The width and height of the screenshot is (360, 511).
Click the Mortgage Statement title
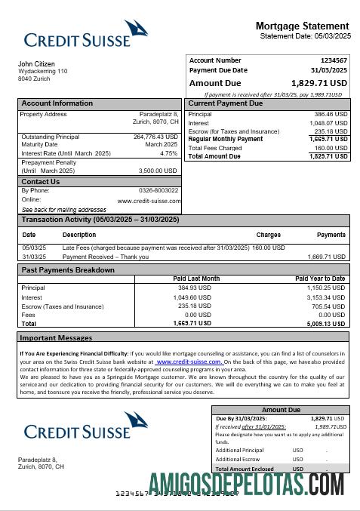(x=302, y=26)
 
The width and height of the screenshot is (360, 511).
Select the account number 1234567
(x=334, y=60)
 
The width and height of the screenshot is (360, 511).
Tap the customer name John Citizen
(x=36, y=63)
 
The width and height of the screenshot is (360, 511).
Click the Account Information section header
(x=57, y=103)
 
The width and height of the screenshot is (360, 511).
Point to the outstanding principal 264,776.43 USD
(x=155, y=137)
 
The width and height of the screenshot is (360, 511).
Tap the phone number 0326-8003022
(x=158, y=190)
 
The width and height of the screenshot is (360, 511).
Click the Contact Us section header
(x=41, y=182)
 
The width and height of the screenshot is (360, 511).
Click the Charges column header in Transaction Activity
(x=269, y=235)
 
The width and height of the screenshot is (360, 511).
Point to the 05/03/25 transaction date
(x=34, y=248)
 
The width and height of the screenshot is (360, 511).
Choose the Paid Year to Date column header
(x=320, y=279)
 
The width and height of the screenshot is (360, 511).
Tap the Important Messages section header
(x=56, y=338)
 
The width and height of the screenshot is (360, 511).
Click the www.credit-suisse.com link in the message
(x=189, y=362)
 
